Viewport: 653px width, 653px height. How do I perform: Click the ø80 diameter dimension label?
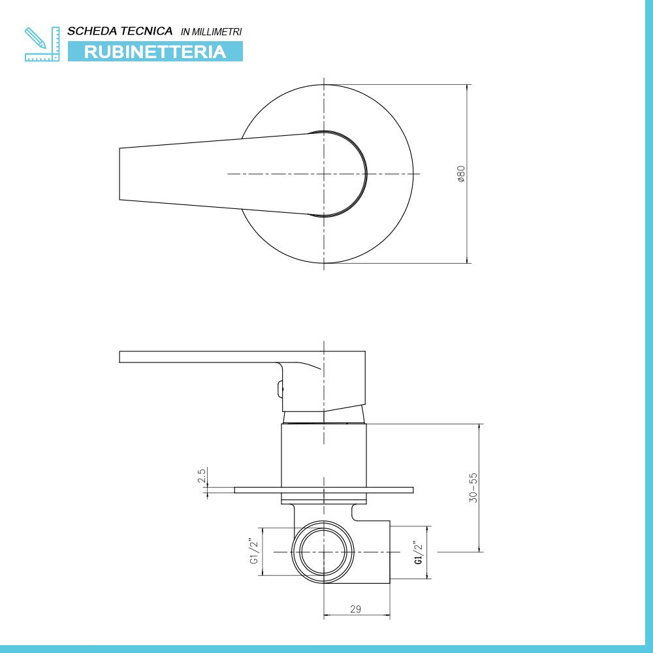(461, 174)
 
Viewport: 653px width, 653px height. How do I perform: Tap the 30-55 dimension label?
(473, 487)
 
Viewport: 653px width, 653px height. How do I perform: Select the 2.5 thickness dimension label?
(202, 475)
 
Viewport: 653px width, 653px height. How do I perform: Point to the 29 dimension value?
(355, 609)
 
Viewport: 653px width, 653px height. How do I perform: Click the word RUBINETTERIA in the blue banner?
(155, 52)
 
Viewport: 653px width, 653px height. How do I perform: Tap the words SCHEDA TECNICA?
(120, 31)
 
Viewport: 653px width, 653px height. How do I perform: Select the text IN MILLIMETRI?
(211, 31)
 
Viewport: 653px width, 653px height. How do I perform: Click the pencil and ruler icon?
(42, 44)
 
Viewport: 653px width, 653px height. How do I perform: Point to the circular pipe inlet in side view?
(323, 552)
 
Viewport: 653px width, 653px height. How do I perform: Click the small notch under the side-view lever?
(281, 389)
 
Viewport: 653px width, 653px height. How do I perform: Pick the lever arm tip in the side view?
(124, 357)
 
